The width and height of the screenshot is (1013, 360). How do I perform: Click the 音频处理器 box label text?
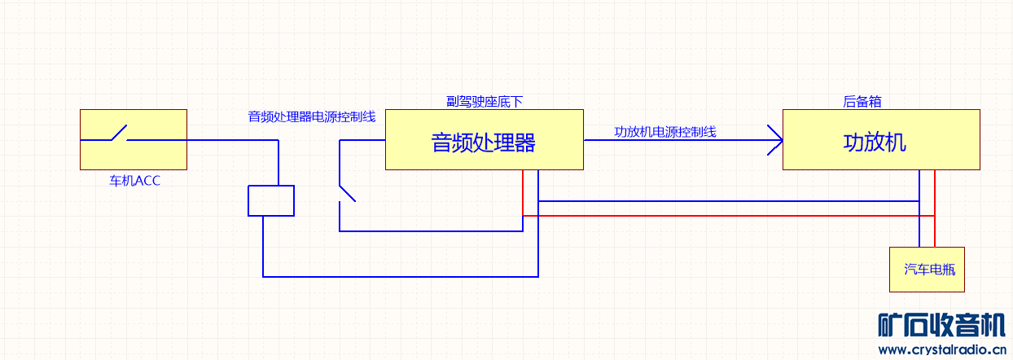point(484,143)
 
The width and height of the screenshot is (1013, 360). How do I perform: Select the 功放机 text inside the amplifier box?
point(875,143)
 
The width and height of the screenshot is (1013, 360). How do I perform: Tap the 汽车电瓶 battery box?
point(927,270)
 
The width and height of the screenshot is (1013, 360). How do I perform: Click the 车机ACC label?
point(134,181)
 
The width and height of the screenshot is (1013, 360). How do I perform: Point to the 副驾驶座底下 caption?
point(485,101)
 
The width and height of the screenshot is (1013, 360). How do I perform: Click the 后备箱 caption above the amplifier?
point(862,101)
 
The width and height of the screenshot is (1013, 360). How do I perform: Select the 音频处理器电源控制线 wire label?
point(312,116)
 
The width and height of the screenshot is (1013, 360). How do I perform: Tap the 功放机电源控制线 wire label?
point(665,132)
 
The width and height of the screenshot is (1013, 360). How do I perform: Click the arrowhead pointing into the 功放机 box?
point(775,140)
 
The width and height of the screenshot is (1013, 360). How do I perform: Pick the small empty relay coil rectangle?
point(271,200)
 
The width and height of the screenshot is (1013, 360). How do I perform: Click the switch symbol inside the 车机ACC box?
point(119,134)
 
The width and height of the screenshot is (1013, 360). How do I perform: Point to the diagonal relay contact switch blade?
point(348,193)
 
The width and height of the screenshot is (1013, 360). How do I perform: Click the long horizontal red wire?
point(729,216)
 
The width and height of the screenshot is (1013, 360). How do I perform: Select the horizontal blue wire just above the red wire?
point(729,201)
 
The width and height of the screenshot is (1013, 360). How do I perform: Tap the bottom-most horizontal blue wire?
point(400,276)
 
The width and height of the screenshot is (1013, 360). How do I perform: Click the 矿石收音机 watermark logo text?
point(941,325)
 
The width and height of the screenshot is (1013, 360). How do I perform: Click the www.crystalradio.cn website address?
point(942,349)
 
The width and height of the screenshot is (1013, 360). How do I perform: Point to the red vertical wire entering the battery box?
point(935,209)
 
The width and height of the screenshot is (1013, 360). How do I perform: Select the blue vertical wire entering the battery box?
point(919,209)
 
